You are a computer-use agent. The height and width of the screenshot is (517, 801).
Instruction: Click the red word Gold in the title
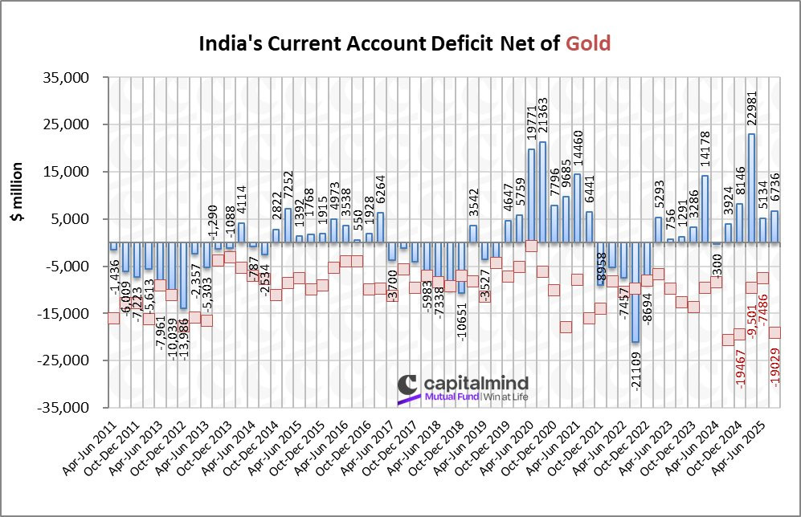[x=587, y=43]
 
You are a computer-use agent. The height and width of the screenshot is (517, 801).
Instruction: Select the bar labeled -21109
[x=635, y=292]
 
